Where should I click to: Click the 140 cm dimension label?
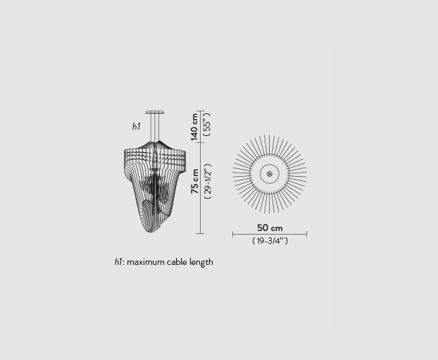point(194,127)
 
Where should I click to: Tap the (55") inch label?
point(207,125)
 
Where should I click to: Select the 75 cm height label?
point(194,181)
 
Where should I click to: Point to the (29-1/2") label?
point(208,181)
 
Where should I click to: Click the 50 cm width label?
point(270,228)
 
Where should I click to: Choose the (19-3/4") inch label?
point(270,241)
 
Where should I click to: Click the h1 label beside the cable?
point(137,126)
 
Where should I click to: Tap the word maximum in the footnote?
point(146,262)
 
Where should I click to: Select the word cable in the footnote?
point(177,262)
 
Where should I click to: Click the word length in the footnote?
point(201,263)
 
